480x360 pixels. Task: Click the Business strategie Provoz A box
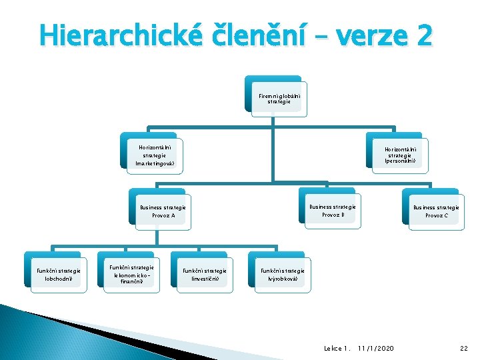pyautogui.click(x=163, y=211)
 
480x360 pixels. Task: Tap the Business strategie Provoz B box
pyautogui.click(x=332, y=211)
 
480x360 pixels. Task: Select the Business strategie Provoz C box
pyautogui.click(x=436, y=211)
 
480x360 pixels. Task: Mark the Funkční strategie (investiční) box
pyautogui.click(x=204, y=275)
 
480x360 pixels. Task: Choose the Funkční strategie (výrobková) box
pyautogui.click(x=282, y=275)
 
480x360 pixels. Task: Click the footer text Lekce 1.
pyautogui.click(x=337, y=348)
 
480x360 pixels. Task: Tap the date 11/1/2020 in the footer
pyautogui.click(x=375, y=348)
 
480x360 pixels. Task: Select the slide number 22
pyautogui.click(x=464, y=348)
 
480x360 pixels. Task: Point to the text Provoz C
pyautogui.click(x=436, y=216)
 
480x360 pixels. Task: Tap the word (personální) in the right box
pyautogui.click(x=401, y=161)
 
